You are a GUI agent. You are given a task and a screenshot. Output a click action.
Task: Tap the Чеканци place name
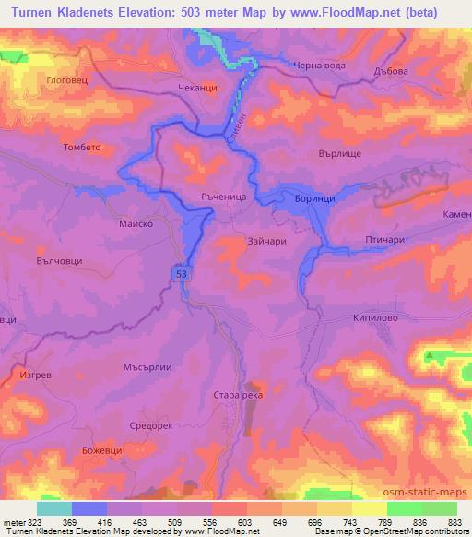tap(196, 89)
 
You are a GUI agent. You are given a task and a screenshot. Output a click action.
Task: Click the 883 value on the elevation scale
tap(454, 524)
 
